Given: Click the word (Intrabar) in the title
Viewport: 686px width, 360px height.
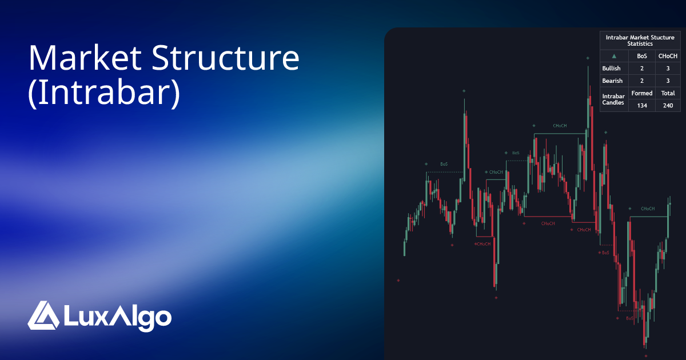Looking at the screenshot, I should [x=104, y=94].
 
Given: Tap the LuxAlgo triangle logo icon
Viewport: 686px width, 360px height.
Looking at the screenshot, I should [x=43, y=315].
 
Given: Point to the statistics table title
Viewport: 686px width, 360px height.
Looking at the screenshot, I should [x=640, y=40].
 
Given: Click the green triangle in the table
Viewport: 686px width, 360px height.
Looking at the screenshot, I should [x=614, y=56].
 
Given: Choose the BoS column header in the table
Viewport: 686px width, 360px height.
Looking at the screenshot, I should [x=641, y=56].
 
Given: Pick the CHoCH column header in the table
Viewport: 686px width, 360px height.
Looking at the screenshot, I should [x=668, y=56].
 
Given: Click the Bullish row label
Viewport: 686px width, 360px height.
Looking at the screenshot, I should [x=612, y=69].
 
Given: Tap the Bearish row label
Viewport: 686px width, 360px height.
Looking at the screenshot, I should [x=612, y=81].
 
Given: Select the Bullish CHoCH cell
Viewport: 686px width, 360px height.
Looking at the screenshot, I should [x=668, y=69].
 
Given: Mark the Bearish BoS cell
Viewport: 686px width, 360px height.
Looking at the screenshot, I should [x=641, y=81].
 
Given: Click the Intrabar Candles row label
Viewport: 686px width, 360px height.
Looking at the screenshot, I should [x=613, y=99].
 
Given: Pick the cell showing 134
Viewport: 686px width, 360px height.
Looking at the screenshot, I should [x=641, y=106].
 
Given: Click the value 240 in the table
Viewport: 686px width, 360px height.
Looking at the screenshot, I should [x=668, y=106].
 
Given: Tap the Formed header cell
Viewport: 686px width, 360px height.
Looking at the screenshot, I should [x=641, y=93].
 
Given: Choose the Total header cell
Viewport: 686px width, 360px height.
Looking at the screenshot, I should [x=668, y=93].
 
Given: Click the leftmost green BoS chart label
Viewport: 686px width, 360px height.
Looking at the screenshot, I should [x=444, y=164].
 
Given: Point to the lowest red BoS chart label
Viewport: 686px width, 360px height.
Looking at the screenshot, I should [x=629, y=318].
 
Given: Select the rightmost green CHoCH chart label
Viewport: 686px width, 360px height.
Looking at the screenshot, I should [x=648, y=209].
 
